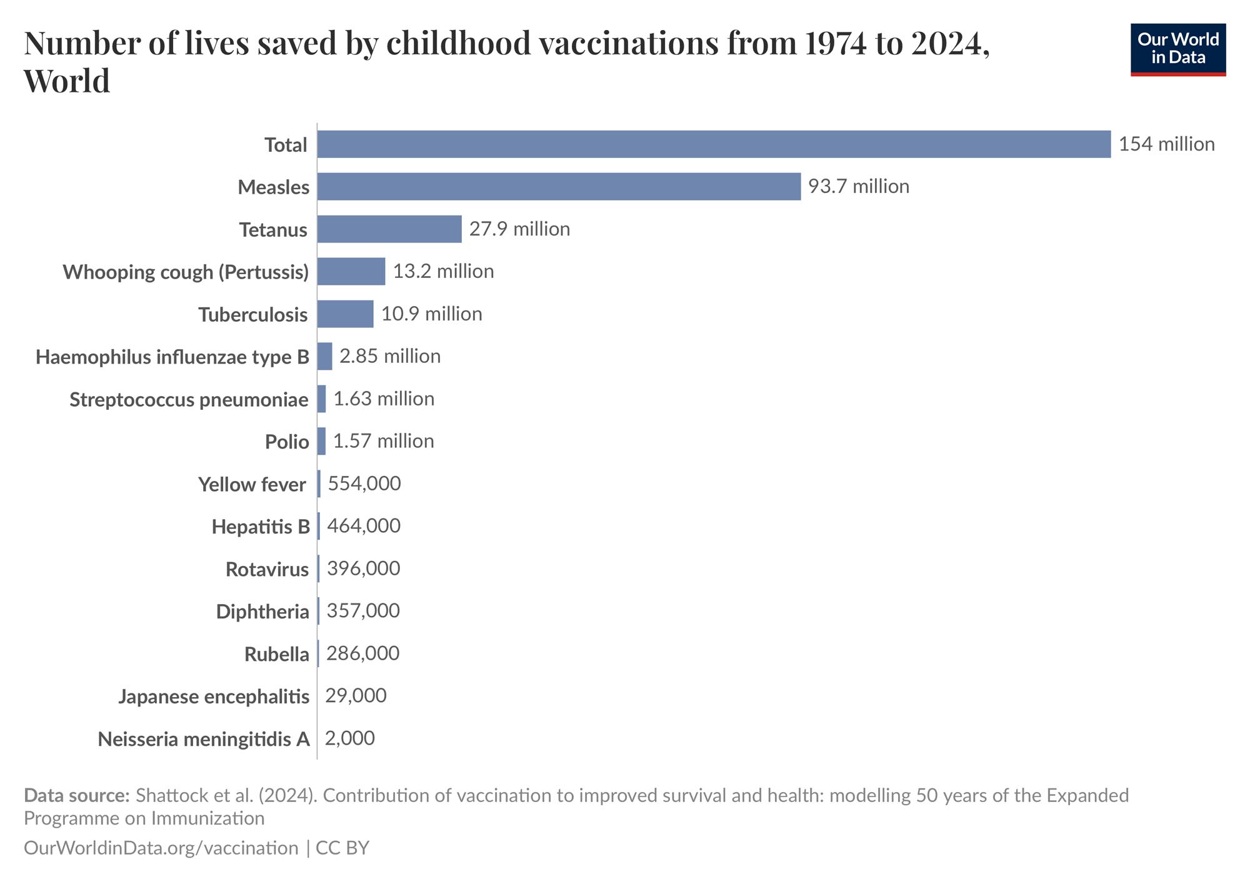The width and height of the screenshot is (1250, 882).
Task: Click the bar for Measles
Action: pyautogui.click(x=559, y=187)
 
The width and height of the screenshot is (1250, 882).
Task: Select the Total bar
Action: pyautogui.click(x=714, y=144)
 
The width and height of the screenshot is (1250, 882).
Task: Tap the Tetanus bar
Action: pyautogui.click(x=389, y=229)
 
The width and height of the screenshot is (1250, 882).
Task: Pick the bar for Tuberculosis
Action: pyautogui.click(x=345, y=314)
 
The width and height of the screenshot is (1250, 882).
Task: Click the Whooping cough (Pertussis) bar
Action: pyautogui.click(x=351, y=272)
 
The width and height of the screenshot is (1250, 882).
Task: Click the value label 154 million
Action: pyautogui.click(x=1166, y=144)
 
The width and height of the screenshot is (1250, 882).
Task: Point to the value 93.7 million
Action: pyautogui.click(x=858, y=187)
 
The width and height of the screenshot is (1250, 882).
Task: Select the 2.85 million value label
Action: pyautogui.click(x=390, y=356)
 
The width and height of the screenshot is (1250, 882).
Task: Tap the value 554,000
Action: pyautogui.click(x=364, y=483)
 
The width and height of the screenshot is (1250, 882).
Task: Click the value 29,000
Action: pyautogui.click(x=356, y=696)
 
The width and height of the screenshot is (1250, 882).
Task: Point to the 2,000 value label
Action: pyautogui.click(x=349, y=738)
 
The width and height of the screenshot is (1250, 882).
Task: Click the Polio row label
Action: pyautogui.click(x=287, y=442)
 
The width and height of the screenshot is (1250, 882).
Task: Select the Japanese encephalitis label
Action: pyautogui.click(x=214, y=696)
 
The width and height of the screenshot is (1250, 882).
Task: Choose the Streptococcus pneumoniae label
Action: pyautogui.click(x=189, y=399)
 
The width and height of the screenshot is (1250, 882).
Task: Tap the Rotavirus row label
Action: pyautogui.click(x=267, y=569)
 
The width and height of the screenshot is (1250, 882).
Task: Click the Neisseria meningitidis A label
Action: pyautogui.click(x=204, y=739)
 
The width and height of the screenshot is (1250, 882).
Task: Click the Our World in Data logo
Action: pyautogui.click(x=1177, y=49)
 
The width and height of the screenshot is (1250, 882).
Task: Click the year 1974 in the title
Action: pyautogui.click(x=836, y=43)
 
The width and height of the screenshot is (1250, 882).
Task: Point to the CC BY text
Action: pyautogui.click(x=342, y=848)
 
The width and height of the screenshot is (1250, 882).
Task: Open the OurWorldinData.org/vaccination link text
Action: pyautogui.click(x=161, y=848)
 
